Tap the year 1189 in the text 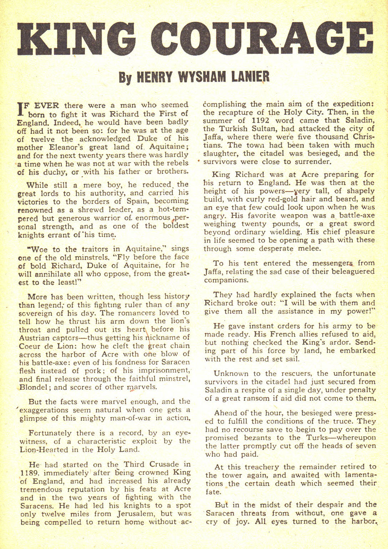[x=28, y=473]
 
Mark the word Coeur [x=30, y=346]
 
